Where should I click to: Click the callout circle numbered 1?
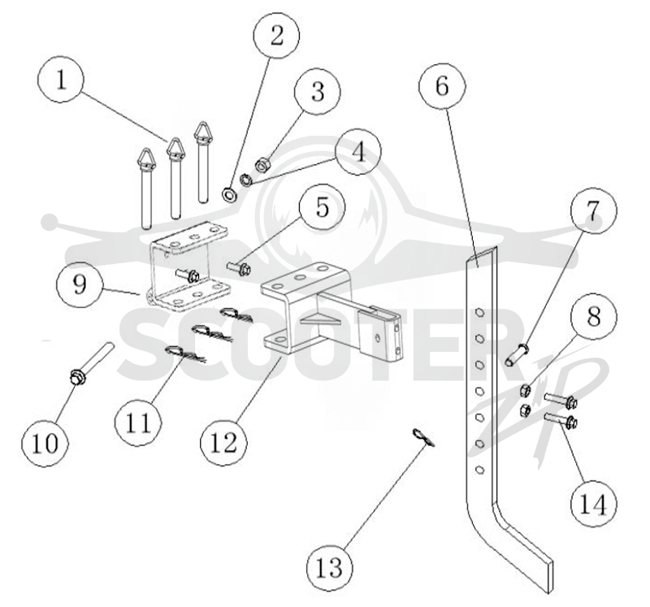[x=60, y=79]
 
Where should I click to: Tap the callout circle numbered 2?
[x=276, y=35]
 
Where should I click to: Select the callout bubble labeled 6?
[x=442, y=86]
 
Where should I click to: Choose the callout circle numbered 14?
[x=593, y=505]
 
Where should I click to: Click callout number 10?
[x=45, y=443]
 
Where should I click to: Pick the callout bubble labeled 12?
[x=224, y=442]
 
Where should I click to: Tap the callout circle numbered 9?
[x=80, y=284]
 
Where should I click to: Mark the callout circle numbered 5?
[x=322, y=207]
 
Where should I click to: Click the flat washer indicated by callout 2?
[x=229, y=194]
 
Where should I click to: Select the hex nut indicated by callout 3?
[x=262, y=166]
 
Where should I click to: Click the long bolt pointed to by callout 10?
[x=91, y=362]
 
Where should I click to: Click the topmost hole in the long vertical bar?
[x=479, y=312]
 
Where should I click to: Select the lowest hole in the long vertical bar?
[x=479, y=470]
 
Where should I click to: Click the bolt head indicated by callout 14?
[x=571, y=423]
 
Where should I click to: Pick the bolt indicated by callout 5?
[x=240, y=267]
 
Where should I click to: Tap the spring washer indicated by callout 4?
[x=246, y=180]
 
